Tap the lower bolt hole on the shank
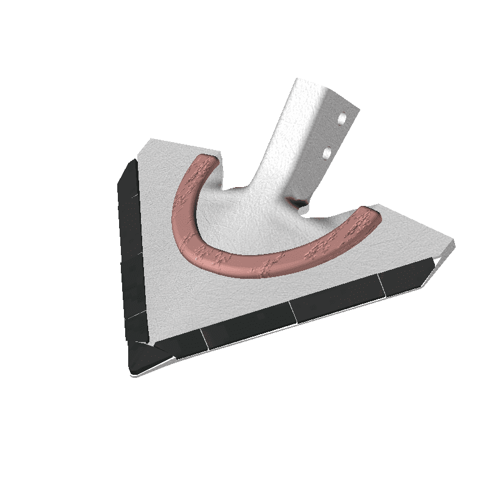coord(327,151)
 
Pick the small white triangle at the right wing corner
coord(436,263)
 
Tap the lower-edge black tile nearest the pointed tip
coord(182,345)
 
